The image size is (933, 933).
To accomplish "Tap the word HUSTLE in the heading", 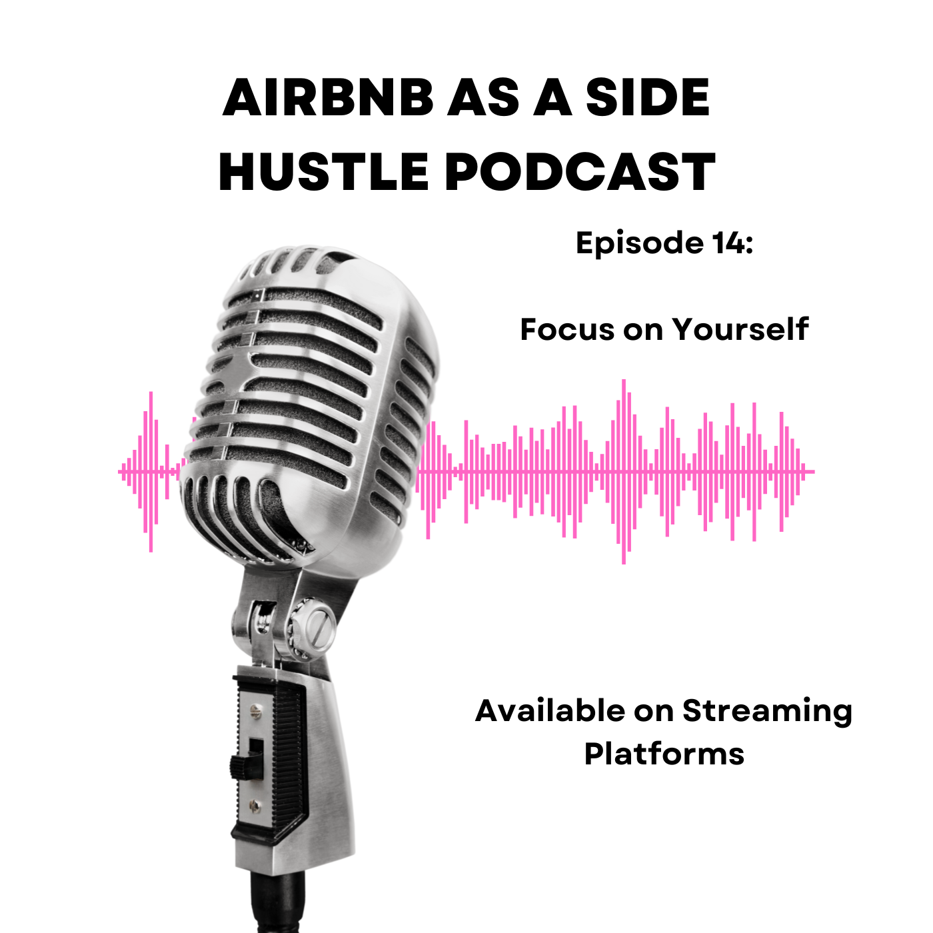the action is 323,171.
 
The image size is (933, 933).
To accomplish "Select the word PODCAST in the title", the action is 580,171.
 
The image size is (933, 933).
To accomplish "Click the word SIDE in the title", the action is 648,97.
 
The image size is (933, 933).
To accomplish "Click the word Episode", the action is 639,243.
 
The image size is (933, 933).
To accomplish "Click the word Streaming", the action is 768,712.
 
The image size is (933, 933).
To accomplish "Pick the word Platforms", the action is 664,754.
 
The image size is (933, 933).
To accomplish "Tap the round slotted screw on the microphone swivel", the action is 321,628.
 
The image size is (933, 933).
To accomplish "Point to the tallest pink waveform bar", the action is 624,471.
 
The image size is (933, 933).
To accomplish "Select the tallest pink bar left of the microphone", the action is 151,471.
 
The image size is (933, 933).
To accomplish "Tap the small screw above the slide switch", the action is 254,710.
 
